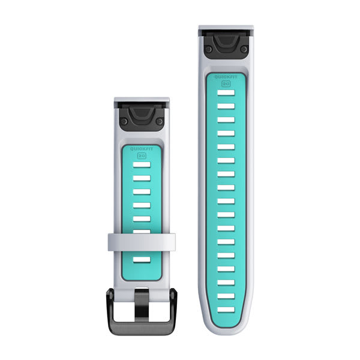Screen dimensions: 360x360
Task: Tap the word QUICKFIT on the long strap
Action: (226, 77)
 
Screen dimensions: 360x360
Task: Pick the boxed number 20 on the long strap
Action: (226, 83)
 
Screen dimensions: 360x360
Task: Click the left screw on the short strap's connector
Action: (124, 122)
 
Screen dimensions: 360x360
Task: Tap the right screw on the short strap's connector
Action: (160, 122)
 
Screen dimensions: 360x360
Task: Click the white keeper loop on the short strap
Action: (142, 242)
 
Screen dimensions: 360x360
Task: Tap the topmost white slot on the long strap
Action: (226, 94)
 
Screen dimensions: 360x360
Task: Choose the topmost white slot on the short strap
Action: (142, 164)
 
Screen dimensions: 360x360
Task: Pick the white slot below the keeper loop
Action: (142, 260)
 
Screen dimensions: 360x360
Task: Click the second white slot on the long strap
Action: (226, 107)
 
